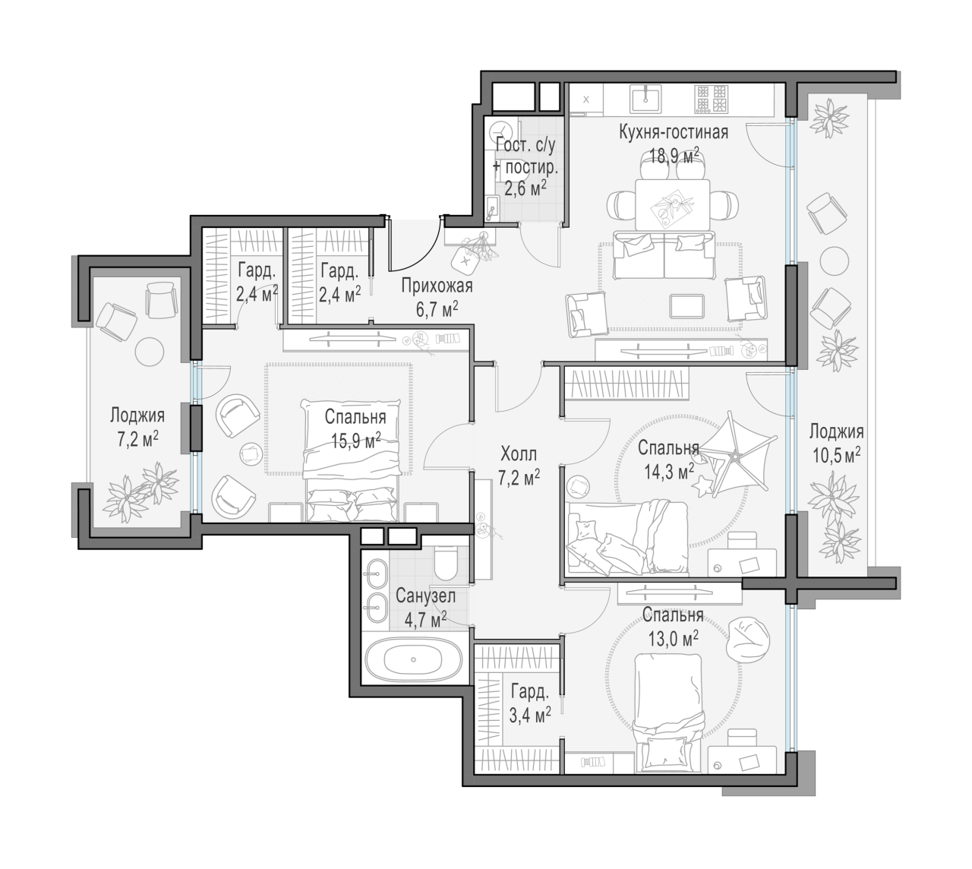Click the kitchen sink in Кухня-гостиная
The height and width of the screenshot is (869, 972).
(645, 100)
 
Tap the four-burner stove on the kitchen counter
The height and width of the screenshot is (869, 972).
(712, 100)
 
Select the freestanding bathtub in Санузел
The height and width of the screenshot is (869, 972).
(414, 659)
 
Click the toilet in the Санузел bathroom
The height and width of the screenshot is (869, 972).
(447, 564)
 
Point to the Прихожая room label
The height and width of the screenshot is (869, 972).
(437, 286)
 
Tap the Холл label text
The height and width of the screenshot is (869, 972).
(519, 453)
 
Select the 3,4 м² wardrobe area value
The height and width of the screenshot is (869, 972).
(529, 716)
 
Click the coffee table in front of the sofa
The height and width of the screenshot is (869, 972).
(686, 306)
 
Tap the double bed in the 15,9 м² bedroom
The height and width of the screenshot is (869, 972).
(352, 460)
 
